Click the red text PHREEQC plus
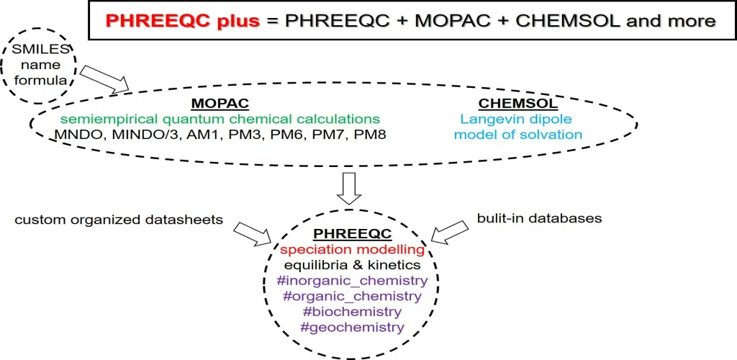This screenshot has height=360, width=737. [182, 21]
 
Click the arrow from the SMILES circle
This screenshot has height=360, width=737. [104, 78]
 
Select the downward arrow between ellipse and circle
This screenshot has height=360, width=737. [351, 188]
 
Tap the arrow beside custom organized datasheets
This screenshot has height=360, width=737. [253, 233]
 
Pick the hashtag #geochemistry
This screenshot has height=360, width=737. [352, 327]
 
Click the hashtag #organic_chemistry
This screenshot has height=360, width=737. [352, 296]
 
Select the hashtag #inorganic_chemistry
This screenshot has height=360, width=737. [352, 281]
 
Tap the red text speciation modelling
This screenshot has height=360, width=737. [353, 250]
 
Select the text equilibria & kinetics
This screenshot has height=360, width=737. [353, 265]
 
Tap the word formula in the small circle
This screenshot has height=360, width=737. [40, 81]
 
